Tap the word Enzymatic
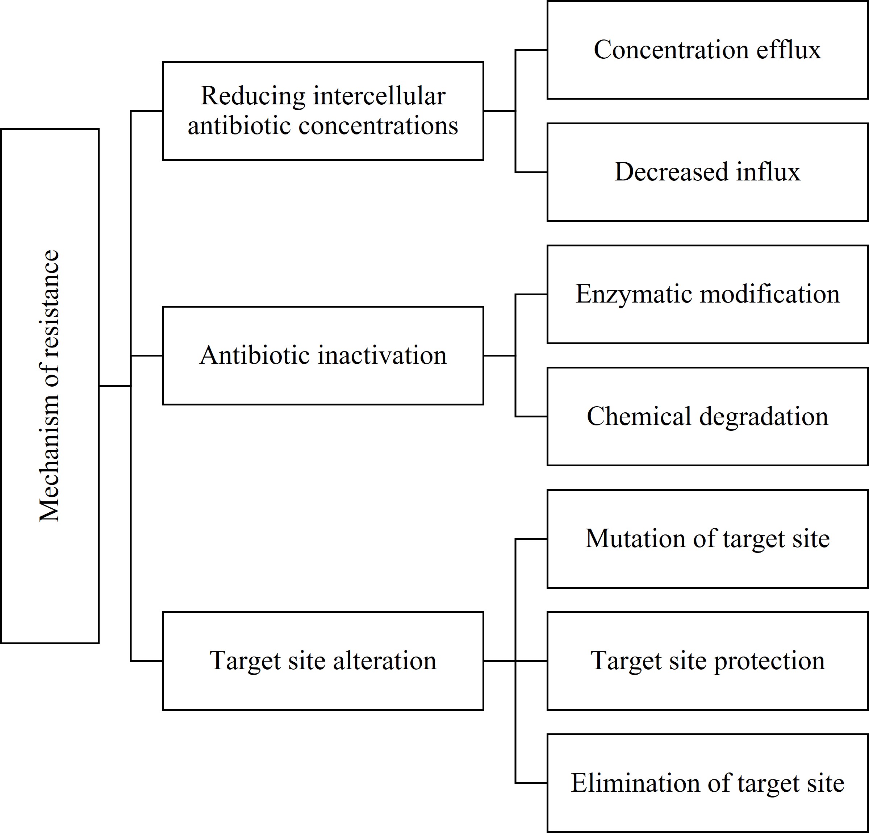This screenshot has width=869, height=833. click(634, 294)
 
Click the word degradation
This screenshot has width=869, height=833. click(764, 417)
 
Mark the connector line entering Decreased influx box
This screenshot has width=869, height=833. click(531, 172)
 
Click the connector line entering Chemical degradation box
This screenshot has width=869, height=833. click(531, 417)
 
